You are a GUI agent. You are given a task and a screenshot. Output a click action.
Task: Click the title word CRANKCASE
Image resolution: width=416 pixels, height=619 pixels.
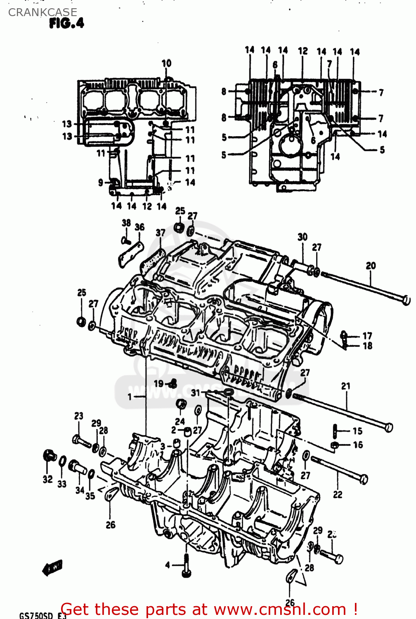pos(43,12)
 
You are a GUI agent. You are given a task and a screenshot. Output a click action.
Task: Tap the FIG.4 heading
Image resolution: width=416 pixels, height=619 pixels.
pos(66,24)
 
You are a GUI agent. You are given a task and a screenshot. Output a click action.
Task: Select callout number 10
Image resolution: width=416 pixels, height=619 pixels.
pos(166,63)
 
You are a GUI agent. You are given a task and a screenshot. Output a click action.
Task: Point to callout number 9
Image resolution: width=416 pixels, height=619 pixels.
pos(101,182)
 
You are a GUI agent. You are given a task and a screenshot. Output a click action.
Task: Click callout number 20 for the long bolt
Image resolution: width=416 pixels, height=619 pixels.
pos(371,266)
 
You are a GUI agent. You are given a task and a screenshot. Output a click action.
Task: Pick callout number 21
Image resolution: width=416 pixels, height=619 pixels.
pos(346,386)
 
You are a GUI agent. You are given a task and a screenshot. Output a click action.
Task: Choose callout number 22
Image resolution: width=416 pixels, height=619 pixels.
pos(338,494)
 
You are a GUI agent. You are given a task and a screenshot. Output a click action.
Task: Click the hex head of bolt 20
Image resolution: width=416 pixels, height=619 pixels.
pos(406,300)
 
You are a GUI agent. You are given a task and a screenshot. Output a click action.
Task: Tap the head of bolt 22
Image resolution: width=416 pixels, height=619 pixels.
pos(364,479)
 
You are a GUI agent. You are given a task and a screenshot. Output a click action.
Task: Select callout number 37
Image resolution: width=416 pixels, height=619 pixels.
pos(161,233)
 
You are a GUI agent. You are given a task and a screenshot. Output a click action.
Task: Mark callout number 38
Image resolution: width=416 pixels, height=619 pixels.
pos(126,223)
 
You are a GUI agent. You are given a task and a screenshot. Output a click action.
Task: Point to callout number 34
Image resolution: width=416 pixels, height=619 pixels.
pos(80,490)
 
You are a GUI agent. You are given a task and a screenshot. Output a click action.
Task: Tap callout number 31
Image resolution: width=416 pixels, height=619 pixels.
pos(195,393)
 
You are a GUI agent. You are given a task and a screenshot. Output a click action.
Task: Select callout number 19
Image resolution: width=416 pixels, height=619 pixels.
pos(158,384)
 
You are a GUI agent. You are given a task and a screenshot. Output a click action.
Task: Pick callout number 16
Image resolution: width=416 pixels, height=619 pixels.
pos(358,445)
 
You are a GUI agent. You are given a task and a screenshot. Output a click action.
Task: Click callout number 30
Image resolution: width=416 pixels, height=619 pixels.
pos(303,237)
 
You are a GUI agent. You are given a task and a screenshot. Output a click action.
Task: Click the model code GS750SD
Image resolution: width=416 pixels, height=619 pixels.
pos(36,615)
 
